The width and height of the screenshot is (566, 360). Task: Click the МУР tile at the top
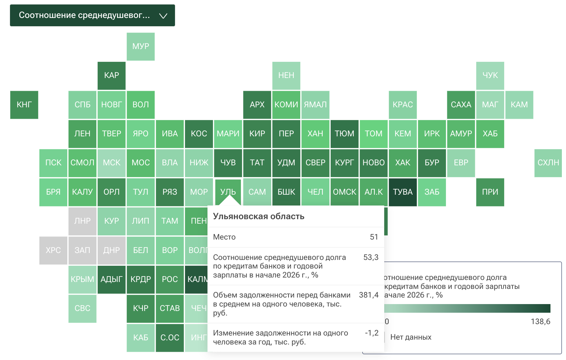click(140, 47)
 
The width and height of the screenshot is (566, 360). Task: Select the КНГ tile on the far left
click(24, 105)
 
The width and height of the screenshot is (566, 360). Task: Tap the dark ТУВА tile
click(403, 192)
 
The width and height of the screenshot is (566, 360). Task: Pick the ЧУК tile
click(490, 76)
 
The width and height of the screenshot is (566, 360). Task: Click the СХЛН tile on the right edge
click(548, 163)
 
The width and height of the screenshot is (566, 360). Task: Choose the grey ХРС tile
click(53, 250)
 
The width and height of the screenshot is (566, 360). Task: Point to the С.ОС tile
click(170, 338)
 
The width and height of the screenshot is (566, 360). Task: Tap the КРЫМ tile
click(82, 279)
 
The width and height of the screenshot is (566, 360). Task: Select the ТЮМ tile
click(344, 134)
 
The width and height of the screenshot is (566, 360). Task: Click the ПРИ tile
click(490, 192)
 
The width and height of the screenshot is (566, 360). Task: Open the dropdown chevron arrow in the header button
click(163, 16)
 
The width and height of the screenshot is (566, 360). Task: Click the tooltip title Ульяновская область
click(258, 216)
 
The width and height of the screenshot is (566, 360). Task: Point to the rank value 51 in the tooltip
click(374, 237)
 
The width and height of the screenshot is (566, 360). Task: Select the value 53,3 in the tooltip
click(371, 257)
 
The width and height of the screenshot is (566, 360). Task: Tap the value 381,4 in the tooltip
click(369, 295)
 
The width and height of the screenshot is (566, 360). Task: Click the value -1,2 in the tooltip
click(372, 333)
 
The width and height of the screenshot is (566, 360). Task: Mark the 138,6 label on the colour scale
click(540, 322)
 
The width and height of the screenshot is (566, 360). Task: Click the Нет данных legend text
click(411, 337)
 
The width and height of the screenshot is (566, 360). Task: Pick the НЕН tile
click(286, 76)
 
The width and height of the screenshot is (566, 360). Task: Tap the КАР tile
click(111, 76)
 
